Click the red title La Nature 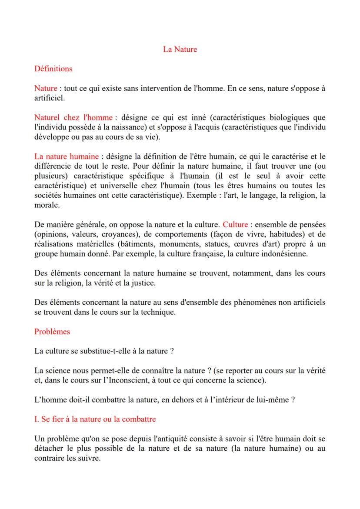(180, 49)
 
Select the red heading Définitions (53, 69)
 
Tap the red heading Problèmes (52, 331)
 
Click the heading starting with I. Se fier (95, 419)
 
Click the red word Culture (235, 225)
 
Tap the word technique (160, 312)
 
